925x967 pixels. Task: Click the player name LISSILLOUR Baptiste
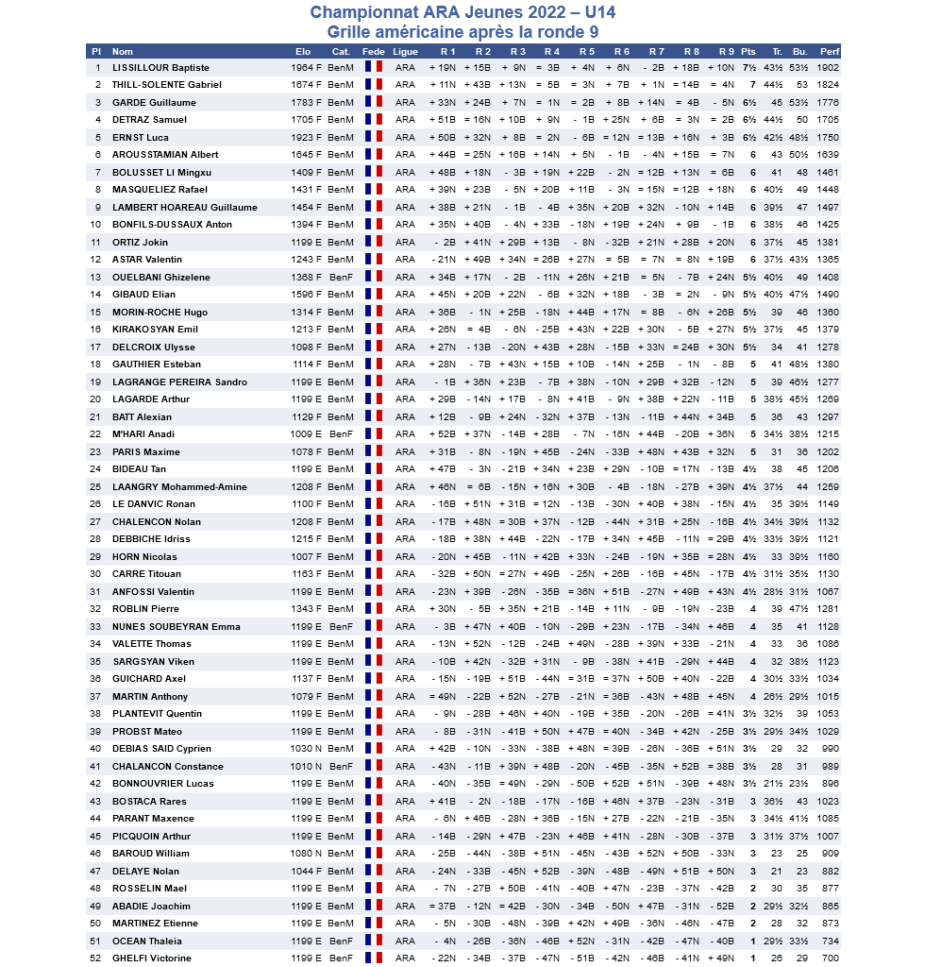click(160, 68)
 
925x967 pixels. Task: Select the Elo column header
click(303, 51)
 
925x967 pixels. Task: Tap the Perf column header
click(829, 51)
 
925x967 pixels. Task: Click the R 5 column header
click(587, 51)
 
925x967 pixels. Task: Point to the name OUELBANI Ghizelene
click(157, 278)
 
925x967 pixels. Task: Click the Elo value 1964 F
click(307, 68)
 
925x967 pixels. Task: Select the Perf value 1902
click(828, 68)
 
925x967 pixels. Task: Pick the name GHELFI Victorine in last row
click(152, 959)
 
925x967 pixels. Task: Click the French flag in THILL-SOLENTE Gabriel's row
click(373, 85)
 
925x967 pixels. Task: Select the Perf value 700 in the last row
click(831, 959)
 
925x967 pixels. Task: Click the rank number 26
click(96, 504)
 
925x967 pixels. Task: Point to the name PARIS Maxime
click(146, 452)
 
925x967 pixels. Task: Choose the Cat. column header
click(341, 51)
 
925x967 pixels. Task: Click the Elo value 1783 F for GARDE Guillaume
click(307, 103)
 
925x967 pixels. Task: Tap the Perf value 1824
click(828, 85)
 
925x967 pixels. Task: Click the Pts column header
click(748, 51)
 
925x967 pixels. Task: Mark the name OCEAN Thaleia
click(147, 942)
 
